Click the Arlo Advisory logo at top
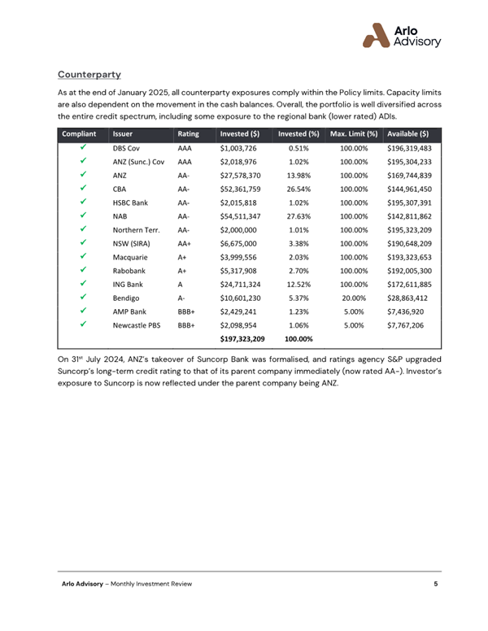401,35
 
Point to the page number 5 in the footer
436,585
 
